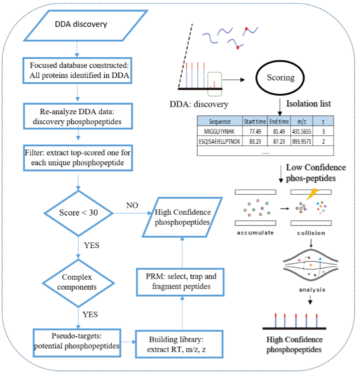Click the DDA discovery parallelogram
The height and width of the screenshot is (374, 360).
[80, 24]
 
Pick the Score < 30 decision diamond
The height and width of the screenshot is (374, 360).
[79, 213]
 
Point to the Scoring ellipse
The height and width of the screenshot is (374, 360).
[281, 78]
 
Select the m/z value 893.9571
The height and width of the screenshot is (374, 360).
[302, 141]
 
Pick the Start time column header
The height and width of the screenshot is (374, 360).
[255, 121]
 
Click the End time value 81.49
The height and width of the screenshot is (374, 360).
[279, 131]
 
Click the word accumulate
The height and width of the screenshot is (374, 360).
[255, 232]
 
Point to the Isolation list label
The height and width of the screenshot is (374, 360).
[309, 104]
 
